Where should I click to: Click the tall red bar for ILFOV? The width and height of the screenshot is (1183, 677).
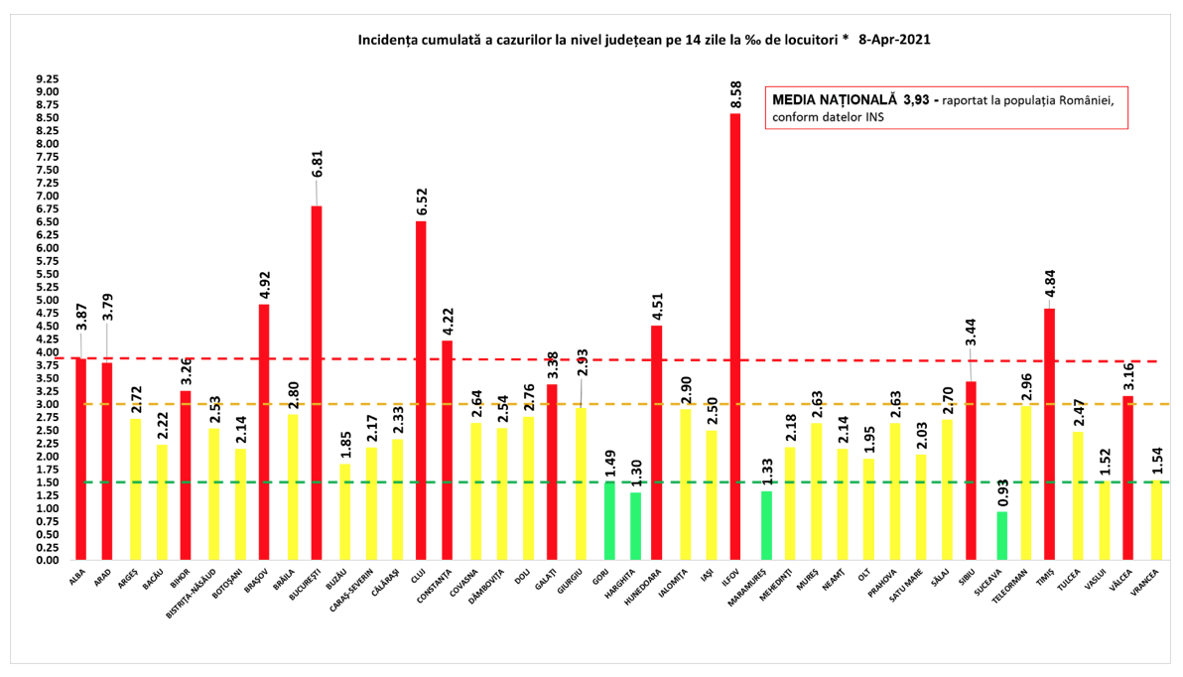pyautogui.click(x=735, y=338)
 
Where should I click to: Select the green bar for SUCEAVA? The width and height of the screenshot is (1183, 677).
pyautogui.click(x=1001, y=536)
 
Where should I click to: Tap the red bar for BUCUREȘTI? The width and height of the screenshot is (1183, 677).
pyautogui.click(x=317, y=383)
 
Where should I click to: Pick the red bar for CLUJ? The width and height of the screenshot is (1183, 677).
pyautogui.click(x=421, y=391)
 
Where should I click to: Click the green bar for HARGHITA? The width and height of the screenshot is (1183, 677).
pyautogui.click(x=635, y=526)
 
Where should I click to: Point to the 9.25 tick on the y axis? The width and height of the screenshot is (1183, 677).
pyautogui.click(x=47, y=79)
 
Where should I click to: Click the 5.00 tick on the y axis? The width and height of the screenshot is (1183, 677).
pyautogui.click(x=47, y=300)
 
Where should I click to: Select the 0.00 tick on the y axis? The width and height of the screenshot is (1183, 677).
pyautogui.click(x=47, y=560)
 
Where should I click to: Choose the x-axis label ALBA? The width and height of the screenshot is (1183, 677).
pyautogui.click(x=77, y=577)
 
